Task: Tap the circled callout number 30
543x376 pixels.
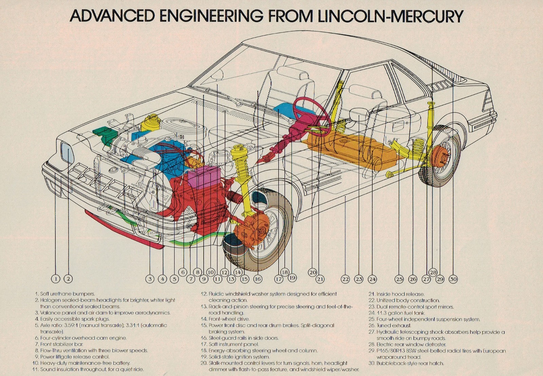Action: point(453,279)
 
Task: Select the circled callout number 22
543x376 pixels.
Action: point(345,279)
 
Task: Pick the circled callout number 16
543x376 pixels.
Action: point(258,279)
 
